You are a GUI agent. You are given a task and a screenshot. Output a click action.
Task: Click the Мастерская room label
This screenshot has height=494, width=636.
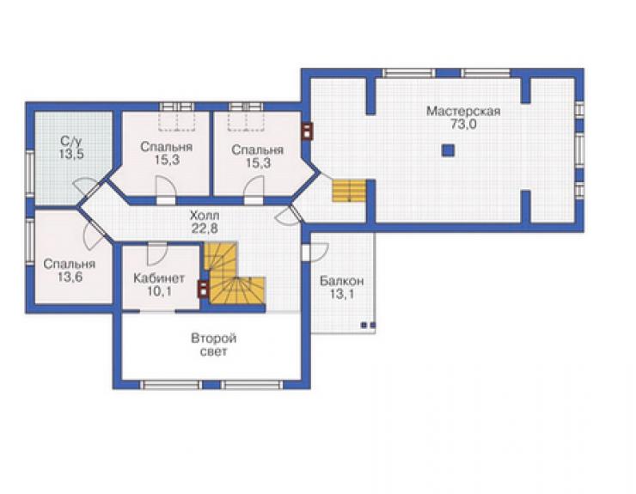coord(463,111)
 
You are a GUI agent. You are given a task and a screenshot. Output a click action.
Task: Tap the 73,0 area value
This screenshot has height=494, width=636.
coord(463,125)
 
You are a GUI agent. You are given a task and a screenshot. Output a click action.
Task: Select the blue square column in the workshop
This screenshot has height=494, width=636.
coord(448,150)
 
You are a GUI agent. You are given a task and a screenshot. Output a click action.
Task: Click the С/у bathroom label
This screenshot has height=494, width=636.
coord(71,141)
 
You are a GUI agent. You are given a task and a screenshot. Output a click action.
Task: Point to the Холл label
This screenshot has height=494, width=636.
coord(205,215)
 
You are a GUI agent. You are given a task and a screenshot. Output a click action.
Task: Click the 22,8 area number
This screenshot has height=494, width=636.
coord(205,229)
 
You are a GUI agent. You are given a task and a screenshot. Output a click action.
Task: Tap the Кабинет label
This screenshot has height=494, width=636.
coord(159,278)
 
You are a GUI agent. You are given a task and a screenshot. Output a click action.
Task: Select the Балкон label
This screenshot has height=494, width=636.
coord(342,281)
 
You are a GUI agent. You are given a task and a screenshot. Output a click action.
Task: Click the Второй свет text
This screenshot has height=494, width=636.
coord(214,345)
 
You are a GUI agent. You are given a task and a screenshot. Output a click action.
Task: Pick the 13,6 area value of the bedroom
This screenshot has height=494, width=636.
coord(70,277)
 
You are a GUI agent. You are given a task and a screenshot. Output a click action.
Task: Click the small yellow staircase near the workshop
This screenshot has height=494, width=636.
coord(349,191)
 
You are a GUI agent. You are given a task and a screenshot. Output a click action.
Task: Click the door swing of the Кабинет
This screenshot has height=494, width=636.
coord(157,254)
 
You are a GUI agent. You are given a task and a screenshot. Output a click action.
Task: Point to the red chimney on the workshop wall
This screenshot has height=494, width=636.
coord(308,131)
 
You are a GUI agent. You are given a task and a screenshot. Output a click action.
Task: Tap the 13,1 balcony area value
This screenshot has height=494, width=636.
coord(341,294)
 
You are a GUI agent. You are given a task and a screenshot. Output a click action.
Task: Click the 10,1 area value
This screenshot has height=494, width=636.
coord(159,291)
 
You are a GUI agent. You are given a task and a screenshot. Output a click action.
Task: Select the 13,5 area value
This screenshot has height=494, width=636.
coord(71,154)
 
